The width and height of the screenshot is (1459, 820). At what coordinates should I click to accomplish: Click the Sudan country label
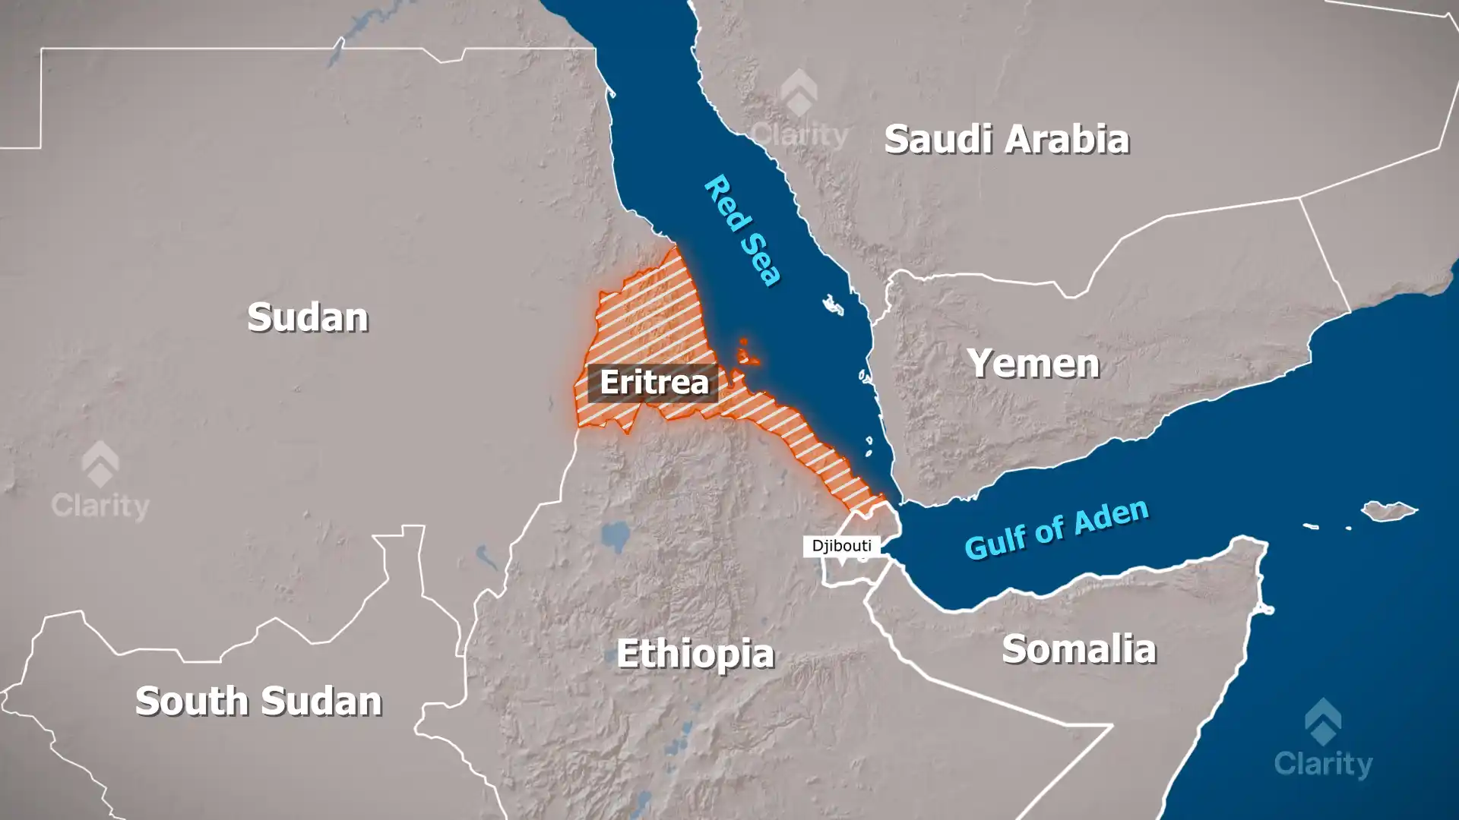308,317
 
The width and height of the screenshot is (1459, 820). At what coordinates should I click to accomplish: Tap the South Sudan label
258,701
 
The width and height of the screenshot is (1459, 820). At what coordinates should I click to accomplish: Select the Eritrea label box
653,383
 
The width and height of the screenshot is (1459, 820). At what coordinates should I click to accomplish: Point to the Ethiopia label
695,654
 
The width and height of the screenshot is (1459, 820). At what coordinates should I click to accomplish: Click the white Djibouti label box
841,546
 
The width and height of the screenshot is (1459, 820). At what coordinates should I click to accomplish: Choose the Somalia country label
1078,650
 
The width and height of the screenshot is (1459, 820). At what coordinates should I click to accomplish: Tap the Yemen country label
1033,364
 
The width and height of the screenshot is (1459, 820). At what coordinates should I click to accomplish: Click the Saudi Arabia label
1006,140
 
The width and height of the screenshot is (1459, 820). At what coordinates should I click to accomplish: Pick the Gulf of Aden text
1056,529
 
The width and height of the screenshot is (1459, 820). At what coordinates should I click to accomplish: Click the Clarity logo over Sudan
100,481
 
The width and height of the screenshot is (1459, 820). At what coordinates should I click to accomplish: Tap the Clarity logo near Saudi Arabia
799,109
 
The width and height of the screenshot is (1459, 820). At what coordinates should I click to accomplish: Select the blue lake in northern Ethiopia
615,536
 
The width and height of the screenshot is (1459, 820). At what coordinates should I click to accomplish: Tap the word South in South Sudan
194,701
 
